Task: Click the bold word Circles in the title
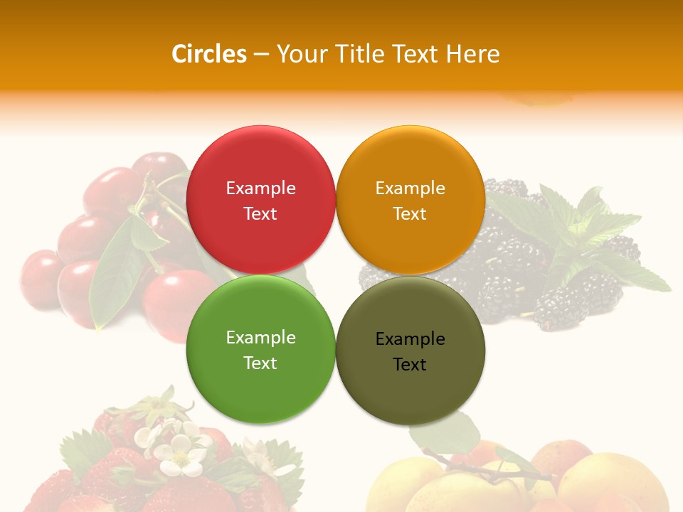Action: coord(209,54)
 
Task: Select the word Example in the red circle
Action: coord(260,188)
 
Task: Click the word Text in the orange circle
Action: coord(410,214)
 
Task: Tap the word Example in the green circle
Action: coord(260,338)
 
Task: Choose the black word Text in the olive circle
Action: coord(410,365)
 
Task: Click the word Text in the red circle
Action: coord(260,214)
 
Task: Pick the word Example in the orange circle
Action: coord(410,188)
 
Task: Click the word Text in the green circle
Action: coord(260,363)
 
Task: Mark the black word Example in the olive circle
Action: coord(410,339)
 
